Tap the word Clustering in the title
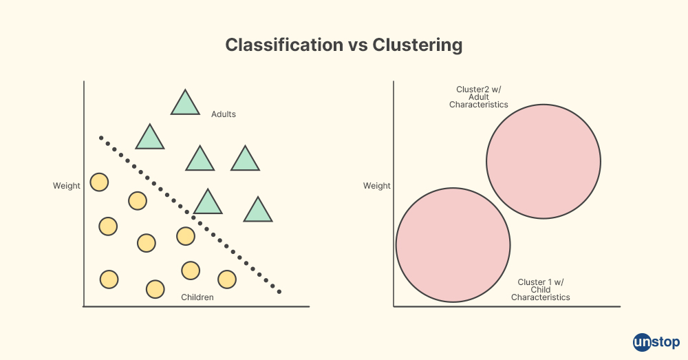coord(417,45)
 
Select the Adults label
coord(224,114)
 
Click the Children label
coord(197,297)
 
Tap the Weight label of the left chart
coord(67,186)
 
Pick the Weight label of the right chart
coord(377,186)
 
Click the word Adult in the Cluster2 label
coord(479,97)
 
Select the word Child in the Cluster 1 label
coord(541,290)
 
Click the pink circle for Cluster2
coord(544,162)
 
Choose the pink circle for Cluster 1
coord(453,244)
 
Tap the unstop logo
coord(656,341)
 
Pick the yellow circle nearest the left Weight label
coord(99,182)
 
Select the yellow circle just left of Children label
coord(155,289)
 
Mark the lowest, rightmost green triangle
coord(258,211)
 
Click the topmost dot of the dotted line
coord(100,138)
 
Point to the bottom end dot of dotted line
coord(279,292)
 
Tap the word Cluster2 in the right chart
coord(472,89)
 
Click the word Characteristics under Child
coord(541,297)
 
